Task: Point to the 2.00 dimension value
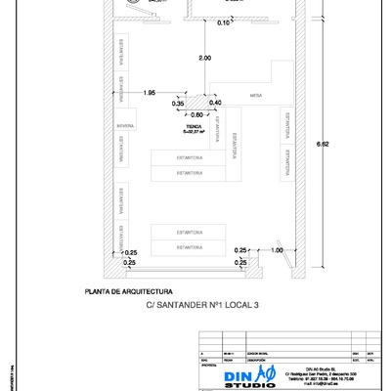[204, 60]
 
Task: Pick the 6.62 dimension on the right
[337, 145]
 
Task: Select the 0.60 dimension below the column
[196, 114]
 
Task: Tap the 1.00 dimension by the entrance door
[277, 251]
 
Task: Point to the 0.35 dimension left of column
[178, 103]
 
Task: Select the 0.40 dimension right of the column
[215, 103]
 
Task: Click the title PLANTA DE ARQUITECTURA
[130, 291]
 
